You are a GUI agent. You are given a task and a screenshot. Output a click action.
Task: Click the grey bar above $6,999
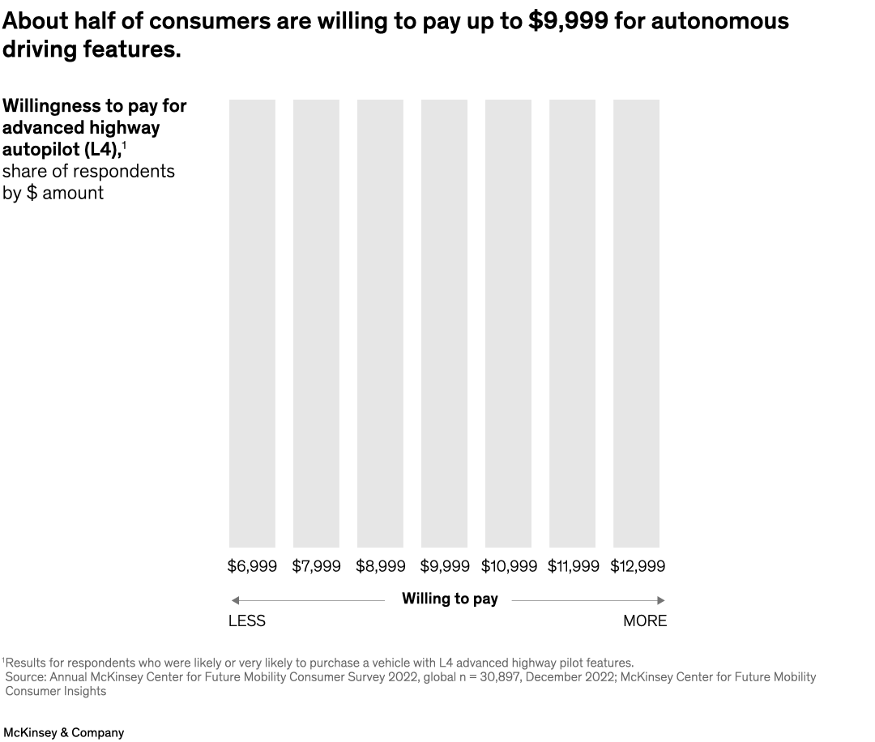[x=252, y=323]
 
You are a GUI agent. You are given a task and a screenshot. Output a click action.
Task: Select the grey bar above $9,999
[x=444, y=323]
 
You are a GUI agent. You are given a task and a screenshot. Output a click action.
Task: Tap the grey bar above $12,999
[x=636, y=323]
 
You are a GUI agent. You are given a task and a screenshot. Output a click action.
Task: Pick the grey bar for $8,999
[x=380, y=323]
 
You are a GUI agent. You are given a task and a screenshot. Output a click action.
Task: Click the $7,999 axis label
[x=316, y=566]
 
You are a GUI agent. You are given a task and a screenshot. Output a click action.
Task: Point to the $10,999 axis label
[x=509, y=566]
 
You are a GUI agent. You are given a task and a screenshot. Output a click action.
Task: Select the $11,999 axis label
[x=573, y=566]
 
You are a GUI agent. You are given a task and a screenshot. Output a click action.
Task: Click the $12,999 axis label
[x=638, y=566]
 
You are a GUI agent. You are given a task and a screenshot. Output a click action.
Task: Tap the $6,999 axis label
[x=252, y=566]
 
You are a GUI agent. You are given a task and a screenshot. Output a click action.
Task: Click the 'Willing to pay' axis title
[x=450, y=599]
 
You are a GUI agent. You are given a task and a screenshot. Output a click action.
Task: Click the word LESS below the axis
[x=247, y=621]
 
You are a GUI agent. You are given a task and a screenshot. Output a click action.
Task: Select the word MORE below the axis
[x=645, y=621]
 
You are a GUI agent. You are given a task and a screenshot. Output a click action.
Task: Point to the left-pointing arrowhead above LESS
[x=235, y=600]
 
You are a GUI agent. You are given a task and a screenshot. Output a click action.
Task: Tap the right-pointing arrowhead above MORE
[x=661, y=600]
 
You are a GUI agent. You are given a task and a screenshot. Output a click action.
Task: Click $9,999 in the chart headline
[x=568, y=21]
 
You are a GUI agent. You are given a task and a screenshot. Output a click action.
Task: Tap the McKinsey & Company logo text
[x=63, y=732]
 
